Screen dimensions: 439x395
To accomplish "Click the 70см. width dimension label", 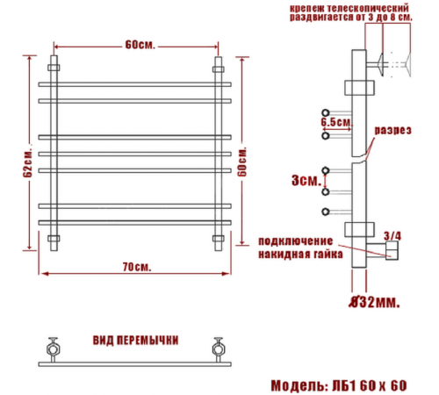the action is (x=137, y=267).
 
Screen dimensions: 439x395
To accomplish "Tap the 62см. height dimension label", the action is (x=27, y=164).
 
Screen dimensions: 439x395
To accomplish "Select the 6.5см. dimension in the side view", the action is (x=335, y=122).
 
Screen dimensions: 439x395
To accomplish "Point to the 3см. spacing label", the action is (x=306, y=181).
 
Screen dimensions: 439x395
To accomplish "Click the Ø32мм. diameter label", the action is (x=375, y=302).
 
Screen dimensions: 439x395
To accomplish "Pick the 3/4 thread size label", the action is (x=392, y=236).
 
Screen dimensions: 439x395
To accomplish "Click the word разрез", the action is (x=393, y=131).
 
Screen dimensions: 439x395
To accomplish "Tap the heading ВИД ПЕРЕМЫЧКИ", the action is (x=135, y=341).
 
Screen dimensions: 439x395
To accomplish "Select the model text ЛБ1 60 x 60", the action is (x=370, y=386).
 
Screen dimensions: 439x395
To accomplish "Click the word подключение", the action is (x=296, y=241).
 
